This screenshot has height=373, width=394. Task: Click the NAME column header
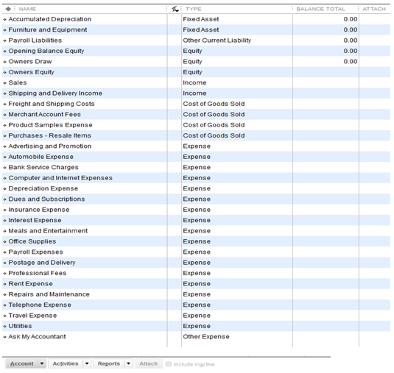[27, 9]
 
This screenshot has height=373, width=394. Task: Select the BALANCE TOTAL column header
[320, 9]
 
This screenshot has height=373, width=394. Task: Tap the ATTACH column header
[374, 9]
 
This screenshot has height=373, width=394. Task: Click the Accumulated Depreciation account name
[50, 19]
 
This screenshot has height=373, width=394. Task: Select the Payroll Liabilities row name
[35, 40]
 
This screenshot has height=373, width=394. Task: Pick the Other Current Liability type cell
[217, 40]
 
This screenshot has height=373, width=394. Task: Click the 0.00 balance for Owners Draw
[351, 62]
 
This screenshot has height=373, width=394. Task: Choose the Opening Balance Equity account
[46, 51]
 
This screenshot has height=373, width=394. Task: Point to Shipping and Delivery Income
[55, 93]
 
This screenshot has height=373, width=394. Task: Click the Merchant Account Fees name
[44, 115]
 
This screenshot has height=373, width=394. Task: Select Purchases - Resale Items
[50, 135]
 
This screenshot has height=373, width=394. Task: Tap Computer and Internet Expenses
[60, 178]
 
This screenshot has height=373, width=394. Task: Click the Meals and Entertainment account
[48, 231]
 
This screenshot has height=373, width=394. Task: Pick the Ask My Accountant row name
[37, 337]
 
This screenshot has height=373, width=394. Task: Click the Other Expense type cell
[206, 337]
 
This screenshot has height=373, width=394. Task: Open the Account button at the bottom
[22, 363]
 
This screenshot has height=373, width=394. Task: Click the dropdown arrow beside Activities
[87, 363]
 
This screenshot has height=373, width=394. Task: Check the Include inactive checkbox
[168, 364]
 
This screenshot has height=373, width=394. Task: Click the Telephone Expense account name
[40, 305]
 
